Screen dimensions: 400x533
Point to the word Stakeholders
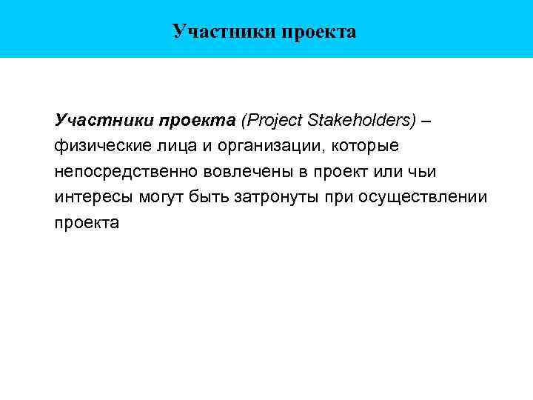tap(355, 120)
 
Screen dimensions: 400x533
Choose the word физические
tap(99, 146)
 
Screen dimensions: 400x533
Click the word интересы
tap(89, 198)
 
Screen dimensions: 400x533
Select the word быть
tap(208, 198)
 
